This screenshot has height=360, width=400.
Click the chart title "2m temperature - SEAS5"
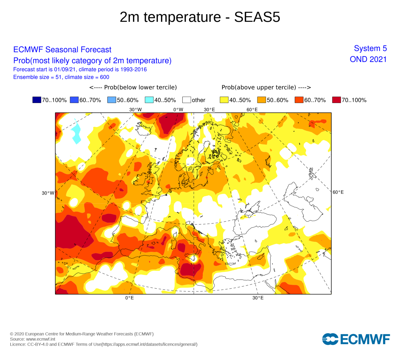[x=200, y=17]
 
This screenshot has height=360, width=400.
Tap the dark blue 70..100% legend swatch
[x=37, y=100]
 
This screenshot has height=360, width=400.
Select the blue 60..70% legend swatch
[x=74, y=100]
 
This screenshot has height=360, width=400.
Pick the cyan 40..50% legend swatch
[x=149, y=100]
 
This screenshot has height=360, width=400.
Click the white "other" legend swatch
[x=186, y=100]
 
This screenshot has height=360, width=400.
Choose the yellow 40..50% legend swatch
[x=224, y=100]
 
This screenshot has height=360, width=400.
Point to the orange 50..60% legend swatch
[x=262, y=100]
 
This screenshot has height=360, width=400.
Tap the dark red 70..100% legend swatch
[x=337, y=100]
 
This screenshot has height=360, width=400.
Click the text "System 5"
[x=370, y=49]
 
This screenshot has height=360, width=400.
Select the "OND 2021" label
[x=368, y=59]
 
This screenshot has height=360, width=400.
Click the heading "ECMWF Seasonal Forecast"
[x=62, y=50]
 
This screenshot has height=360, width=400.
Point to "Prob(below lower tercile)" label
[x=133, y=87]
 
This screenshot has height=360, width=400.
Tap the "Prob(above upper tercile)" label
[x=266, y=87]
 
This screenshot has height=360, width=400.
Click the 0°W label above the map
[x=178, y=110]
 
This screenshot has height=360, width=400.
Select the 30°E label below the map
[x=258, y=298]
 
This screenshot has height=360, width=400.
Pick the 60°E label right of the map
[x=338, y=192]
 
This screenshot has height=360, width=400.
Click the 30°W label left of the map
[x=48, y=193]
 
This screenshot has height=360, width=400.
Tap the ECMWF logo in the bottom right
[x=356, y=339]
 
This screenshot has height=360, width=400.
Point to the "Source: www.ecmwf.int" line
[x=33, y=339]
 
